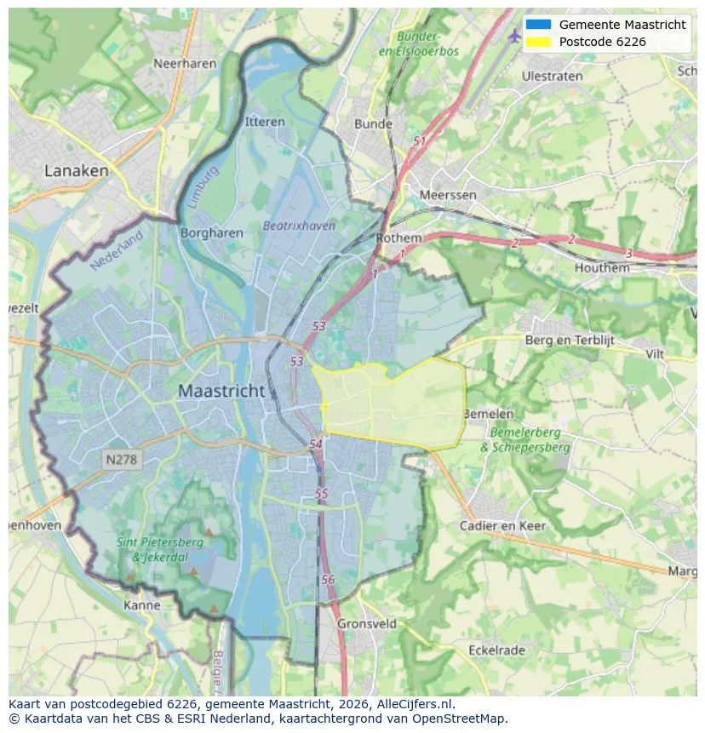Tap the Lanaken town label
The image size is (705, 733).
point(77,170)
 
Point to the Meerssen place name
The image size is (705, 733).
point(448,195)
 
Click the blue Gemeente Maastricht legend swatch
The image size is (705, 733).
point(538,25)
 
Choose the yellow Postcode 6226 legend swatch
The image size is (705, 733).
point(538,42)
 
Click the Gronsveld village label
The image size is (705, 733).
point(367,623)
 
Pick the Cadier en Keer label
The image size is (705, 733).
point(502,525)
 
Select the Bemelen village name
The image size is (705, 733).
point(489,414)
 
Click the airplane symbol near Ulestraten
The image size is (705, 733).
point(513,36)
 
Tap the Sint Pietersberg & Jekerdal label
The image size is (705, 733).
point(160,549)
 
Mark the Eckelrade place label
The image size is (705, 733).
point(496,650)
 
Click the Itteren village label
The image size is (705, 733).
point(265,122)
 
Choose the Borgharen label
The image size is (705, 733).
point(212,232)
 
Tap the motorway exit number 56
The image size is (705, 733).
point(329,579)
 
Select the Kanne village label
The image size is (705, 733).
point(141,605)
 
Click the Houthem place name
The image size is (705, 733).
point(602,267)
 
